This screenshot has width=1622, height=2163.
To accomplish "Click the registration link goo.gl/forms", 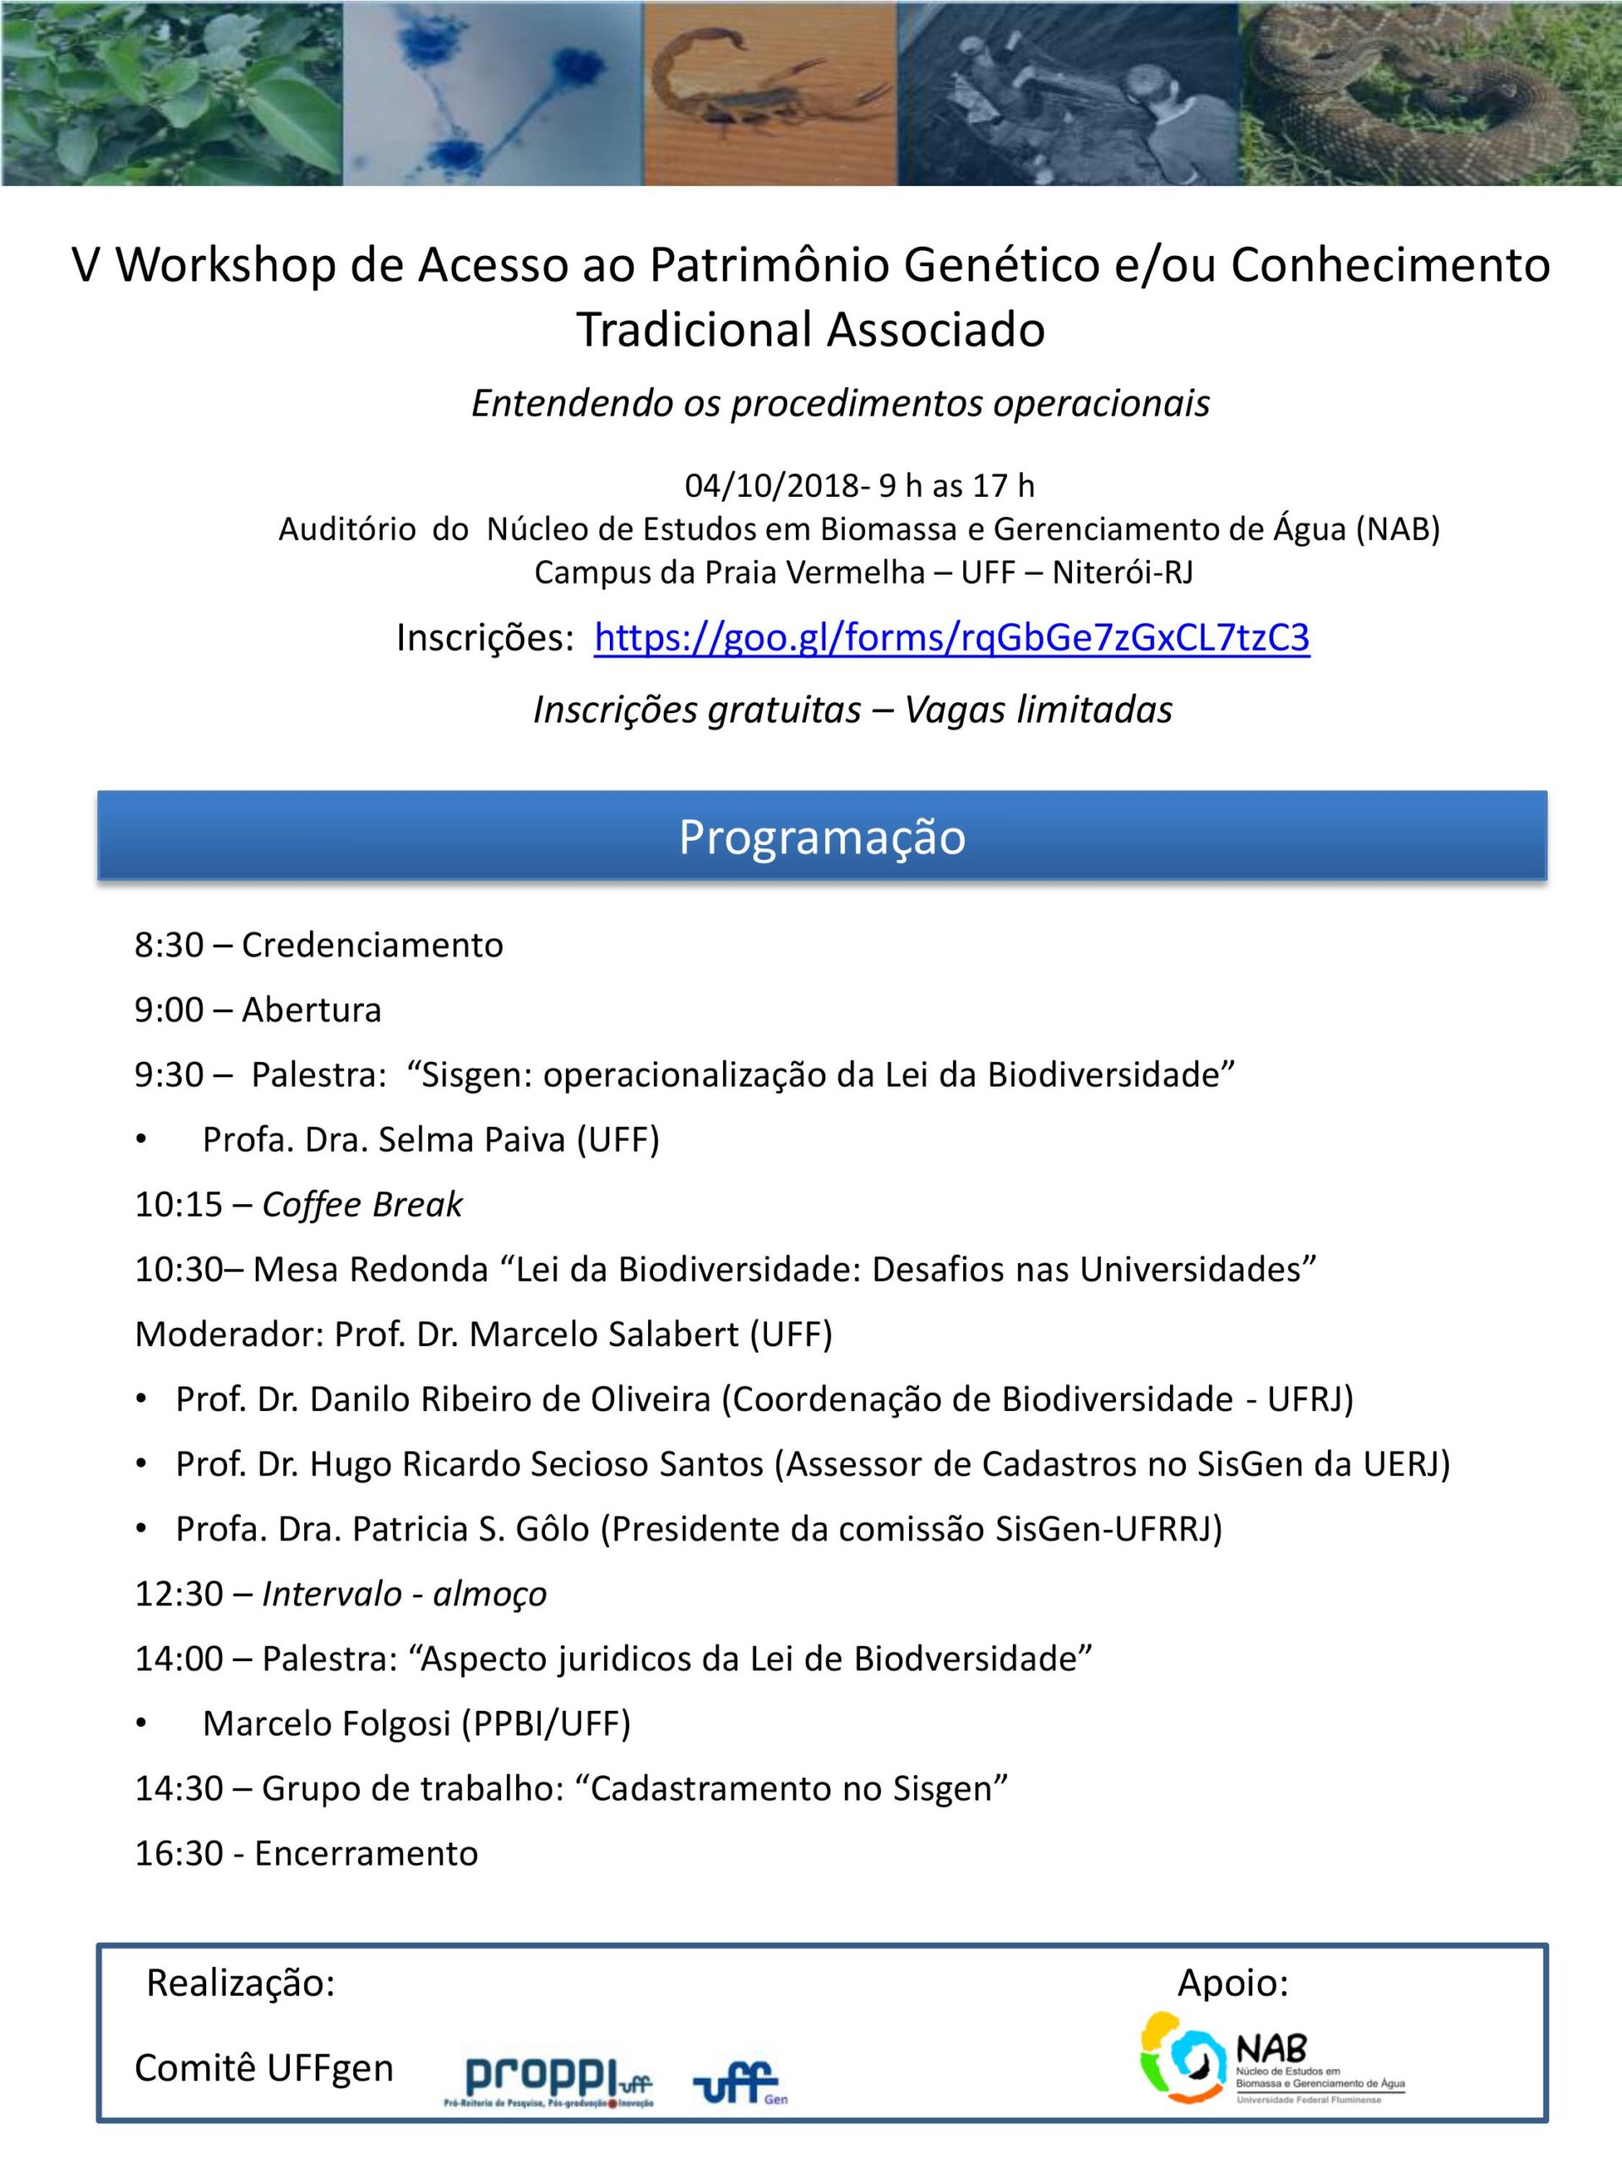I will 951,639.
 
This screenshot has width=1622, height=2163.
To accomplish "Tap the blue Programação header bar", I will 821,837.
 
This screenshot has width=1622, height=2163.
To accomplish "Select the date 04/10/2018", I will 771,486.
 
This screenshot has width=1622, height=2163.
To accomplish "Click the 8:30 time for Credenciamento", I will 169,945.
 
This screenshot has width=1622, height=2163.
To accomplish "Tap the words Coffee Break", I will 362,1205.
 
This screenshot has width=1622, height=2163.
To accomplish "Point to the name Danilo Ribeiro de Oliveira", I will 510,1399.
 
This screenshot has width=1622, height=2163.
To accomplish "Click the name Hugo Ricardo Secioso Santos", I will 536,1465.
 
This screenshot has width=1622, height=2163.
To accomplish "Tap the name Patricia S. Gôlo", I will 471,1529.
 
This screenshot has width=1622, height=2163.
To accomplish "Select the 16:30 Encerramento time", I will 179,1854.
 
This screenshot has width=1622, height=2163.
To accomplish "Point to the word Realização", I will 241,1983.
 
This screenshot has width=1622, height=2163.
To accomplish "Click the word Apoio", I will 1233,1983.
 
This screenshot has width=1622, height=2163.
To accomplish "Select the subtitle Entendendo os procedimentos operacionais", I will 841,404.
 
